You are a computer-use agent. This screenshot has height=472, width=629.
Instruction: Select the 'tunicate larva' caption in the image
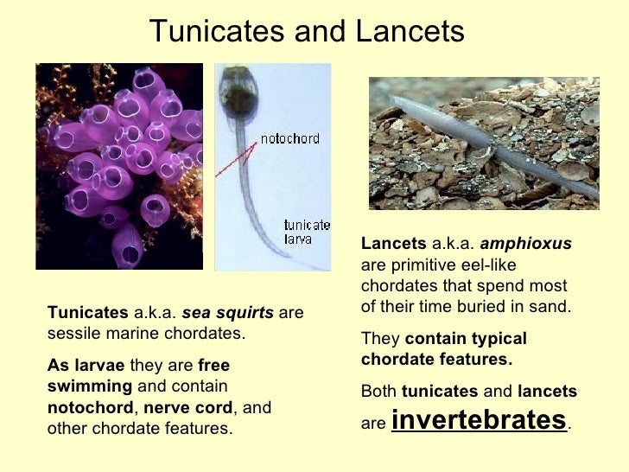coord(307,232)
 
